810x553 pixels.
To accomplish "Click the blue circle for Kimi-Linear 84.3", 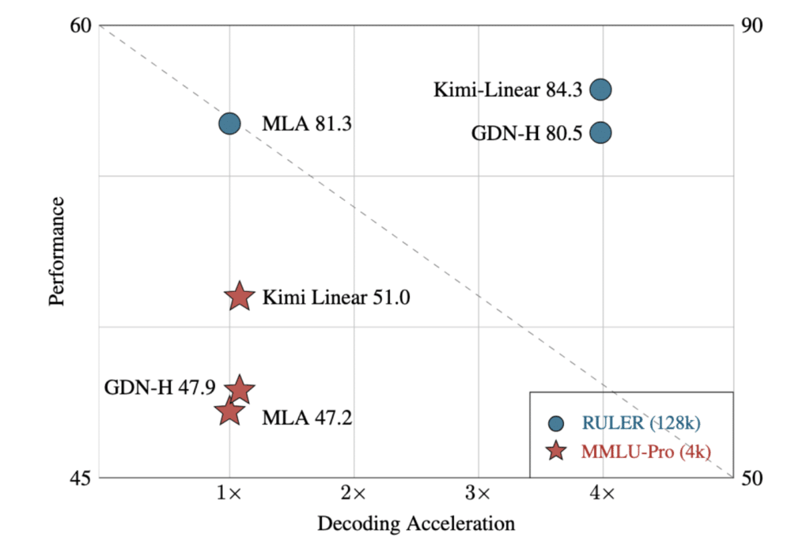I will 601,89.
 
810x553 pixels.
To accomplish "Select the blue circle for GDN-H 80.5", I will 601,132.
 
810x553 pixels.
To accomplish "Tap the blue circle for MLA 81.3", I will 229,123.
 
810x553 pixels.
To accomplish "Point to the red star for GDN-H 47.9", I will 240,389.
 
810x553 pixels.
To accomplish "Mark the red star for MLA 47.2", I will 229,411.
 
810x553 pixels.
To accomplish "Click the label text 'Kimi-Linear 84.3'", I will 508,90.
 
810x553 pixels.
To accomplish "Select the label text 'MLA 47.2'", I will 307,416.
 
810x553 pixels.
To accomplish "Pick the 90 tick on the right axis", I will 750,25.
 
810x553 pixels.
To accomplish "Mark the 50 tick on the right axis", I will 750,478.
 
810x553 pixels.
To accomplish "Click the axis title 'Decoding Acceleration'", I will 416,524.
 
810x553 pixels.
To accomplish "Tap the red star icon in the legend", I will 557,451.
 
